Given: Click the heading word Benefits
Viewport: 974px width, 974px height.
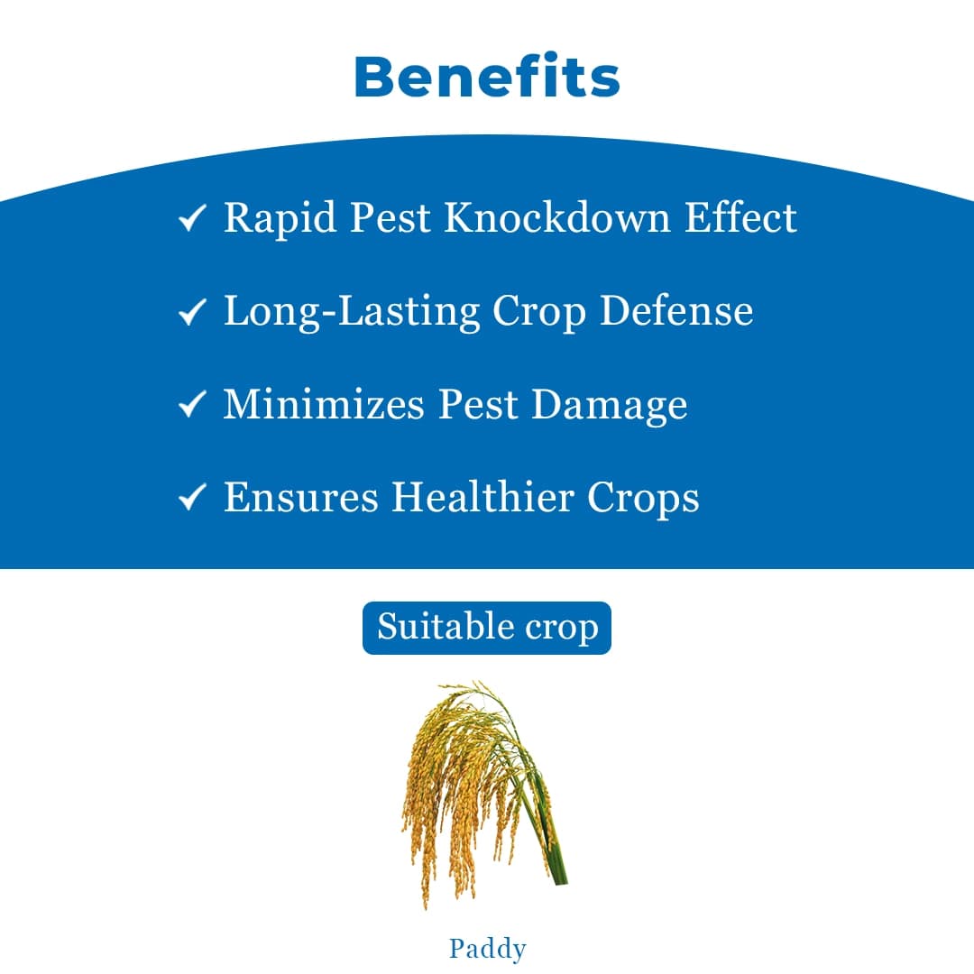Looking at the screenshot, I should (487, 78).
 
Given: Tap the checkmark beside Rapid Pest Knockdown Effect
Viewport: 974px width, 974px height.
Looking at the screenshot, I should (192, 219).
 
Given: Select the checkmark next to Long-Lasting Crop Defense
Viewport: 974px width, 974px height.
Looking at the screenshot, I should (192, 312).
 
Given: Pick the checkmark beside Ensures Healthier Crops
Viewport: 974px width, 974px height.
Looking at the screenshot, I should (192, 498).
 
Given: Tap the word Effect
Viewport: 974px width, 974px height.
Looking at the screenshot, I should (741, 218).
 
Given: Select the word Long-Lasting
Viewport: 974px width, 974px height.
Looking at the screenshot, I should (352, 312).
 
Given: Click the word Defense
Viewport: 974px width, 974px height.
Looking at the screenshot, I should (676, 311).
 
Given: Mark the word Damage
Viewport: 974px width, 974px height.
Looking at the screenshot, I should (609, 406).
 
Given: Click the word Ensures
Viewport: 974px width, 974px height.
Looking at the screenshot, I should (300, 497).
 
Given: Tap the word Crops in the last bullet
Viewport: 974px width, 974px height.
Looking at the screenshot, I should (643, 499).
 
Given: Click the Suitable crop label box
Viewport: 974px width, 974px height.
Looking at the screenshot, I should (487, 628).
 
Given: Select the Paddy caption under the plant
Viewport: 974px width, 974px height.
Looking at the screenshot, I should (487, 949).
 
